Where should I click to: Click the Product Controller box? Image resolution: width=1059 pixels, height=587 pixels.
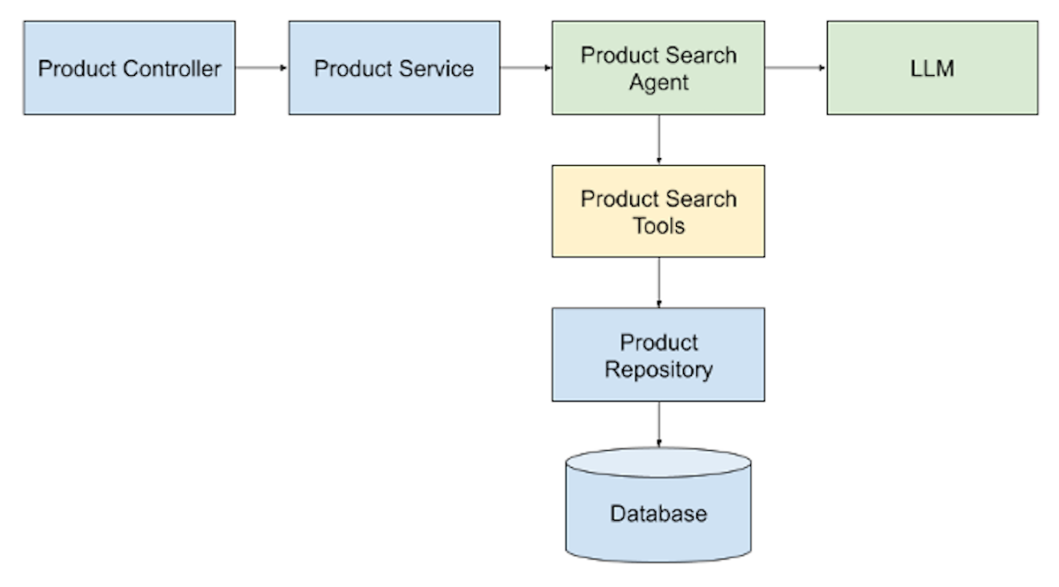129,68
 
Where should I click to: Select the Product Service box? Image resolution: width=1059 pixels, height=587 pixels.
394,68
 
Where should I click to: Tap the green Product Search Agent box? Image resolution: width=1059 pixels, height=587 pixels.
658,68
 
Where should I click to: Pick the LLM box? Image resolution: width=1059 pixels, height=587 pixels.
932,68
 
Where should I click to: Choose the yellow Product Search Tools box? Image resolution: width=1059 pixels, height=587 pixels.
658,211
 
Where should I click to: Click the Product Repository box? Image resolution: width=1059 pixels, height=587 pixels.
658,355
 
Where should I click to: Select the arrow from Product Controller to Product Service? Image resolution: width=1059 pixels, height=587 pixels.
261,68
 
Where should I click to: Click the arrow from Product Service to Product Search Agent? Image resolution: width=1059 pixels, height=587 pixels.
526,68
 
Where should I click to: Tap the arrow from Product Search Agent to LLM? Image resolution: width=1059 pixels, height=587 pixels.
795,68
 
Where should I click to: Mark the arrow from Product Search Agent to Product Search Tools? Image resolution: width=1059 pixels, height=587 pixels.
658,139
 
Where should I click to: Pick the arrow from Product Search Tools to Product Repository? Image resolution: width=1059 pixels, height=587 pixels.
658,282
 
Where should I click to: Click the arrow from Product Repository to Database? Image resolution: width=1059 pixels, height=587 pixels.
658,425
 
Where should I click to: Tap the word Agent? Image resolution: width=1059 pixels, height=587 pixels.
658,83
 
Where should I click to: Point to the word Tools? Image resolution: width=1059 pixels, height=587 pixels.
658,226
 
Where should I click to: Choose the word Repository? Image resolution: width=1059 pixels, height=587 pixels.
658,369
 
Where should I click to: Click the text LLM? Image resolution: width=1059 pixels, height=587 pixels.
932,69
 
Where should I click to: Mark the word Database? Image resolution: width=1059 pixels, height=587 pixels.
658,514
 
